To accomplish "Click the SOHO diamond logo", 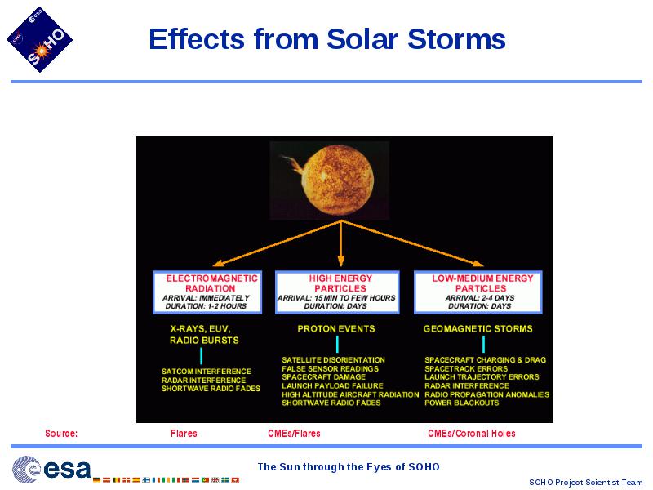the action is [39, 39].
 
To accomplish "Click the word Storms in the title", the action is [456, 39].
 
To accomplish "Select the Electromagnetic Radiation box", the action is [207, 292].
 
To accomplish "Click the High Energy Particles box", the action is [337, 292].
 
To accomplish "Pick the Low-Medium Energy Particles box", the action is [478, 292].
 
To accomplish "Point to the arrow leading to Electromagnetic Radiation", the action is [277, 243].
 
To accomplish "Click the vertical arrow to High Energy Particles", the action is [341, 243].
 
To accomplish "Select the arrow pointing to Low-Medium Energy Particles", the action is [412, 243].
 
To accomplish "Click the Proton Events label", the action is [336, 329].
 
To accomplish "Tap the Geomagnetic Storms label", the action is [478, 329].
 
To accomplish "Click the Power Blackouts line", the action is [462, 403].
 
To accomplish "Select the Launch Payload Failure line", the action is [332, 385].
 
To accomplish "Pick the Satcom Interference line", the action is [207, 372].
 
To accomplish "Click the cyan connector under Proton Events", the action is [337, 344].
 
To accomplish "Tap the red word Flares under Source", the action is [184, 434].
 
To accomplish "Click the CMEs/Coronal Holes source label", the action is [472, 434].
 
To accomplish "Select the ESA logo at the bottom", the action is [51, 469].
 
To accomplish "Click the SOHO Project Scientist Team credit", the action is [585, 482].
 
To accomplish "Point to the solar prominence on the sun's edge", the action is [294, 164].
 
